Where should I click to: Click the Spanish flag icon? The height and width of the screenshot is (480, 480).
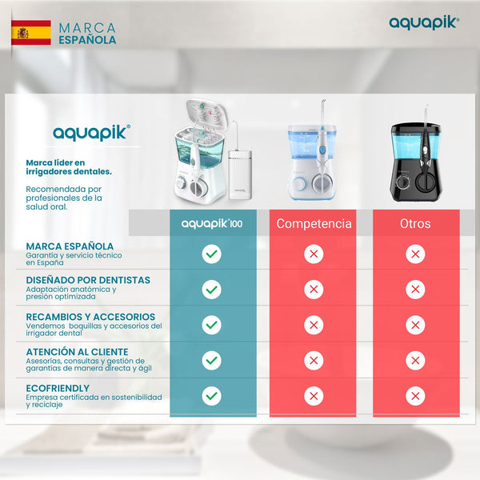point(31,33)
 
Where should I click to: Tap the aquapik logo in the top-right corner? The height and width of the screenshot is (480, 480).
point(424,23)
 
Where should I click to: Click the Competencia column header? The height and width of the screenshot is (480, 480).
point(314,223)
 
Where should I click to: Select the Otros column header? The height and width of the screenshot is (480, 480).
point(415,223)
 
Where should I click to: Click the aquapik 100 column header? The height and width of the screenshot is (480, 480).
point(212,223)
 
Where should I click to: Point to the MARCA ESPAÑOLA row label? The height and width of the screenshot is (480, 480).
point(69,246)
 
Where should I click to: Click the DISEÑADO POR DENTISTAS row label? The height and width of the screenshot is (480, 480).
point(88,281)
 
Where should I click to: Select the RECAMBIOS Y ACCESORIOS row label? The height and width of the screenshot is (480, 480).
point(90,317)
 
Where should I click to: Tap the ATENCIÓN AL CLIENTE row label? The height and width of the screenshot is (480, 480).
point(77,350)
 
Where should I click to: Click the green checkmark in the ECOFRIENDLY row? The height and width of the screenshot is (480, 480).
point(211,395)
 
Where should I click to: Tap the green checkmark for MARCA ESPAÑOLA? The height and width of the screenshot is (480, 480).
point(211,254)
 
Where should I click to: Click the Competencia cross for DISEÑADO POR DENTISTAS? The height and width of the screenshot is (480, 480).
point(314,289)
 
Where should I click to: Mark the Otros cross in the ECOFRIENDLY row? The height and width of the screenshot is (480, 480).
point(415,395)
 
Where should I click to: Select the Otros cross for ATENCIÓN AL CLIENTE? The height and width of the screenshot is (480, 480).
point(415,360)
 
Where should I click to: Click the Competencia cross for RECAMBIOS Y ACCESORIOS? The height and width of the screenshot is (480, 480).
point(314,324)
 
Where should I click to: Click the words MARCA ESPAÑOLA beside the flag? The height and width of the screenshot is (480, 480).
point(87,34)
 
